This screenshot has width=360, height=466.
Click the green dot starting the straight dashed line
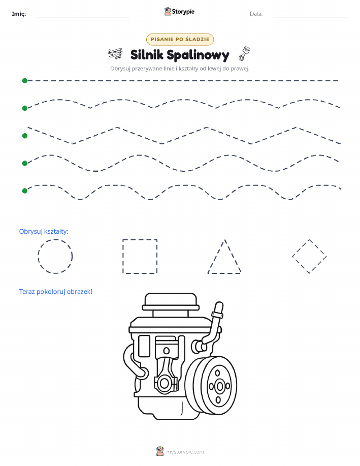[25, 80]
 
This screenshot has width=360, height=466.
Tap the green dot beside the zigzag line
[25, 136]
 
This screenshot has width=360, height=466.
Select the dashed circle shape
[55, 239]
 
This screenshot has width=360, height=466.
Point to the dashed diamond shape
[301, 247]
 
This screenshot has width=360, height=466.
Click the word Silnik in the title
[147, 55]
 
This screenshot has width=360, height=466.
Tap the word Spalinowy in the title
[198, 55]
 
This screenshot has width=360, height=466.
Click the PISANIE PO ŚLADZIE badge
[180, 39]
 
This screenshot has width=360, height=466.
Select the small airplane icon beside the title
[115, 53]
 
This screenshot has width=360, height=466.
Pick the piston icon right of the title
[244, 53]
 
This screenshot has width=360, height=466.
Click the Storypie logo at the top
[179, 12]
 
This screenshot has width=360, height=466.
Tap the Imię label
[19, 14]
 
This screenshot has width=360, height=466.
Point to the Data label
[256, 14]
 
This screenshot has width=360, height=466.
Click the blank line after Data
[311, 17]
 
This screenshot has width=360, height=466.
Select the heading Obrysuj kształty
[44, 232]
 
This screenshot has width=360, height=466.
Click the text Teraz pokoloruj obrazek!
[55, 292]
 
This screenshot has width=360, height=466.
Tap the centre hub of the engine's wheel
[220, 386]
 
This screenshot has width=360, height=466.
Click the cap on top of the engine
[171, 302]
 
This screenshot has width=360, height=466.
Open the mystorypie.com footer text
[185, 452]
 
